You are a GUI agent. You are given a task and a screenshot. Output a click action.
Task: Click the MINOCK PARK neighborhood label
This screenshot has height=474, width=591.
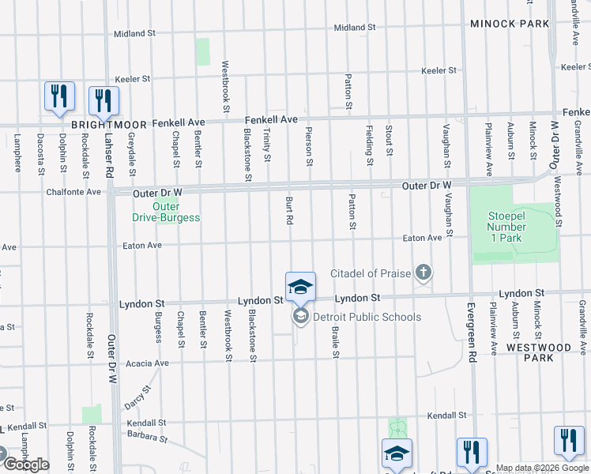(510, 24)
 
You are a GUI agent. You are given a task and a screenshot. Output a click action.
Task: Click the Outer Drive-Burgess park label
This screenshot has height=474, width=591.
(165, 213)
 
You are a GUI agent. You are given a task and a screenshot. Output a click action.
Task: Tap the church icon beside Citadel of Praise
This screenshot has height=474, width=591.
(423, 273)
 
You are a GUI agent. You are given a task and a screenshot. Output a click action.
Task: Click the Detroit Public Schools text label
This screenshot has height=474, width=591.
(367, 317)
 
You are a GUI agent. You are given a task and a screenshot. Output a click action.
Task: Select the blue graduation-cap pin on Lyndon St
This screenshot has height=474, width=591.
(300, 287)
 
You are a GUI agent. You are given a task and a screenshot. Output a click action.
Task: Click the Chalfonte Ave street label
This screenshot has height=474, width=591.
(73, 191)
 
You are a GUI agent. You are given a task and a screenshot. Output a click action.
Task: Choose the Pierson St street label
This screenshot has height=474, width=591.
(310, 147)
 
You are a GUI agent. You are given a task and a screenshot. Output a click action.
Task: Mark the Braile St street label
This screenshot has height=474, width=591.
(336, 341)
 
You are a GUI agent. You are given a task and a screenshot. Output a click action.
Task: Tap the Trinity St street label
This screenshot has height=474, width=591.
(267, 146)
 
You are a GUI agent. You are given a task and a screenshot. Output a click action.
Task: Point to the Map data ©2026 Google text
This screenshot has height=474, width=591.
(542, 468)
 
